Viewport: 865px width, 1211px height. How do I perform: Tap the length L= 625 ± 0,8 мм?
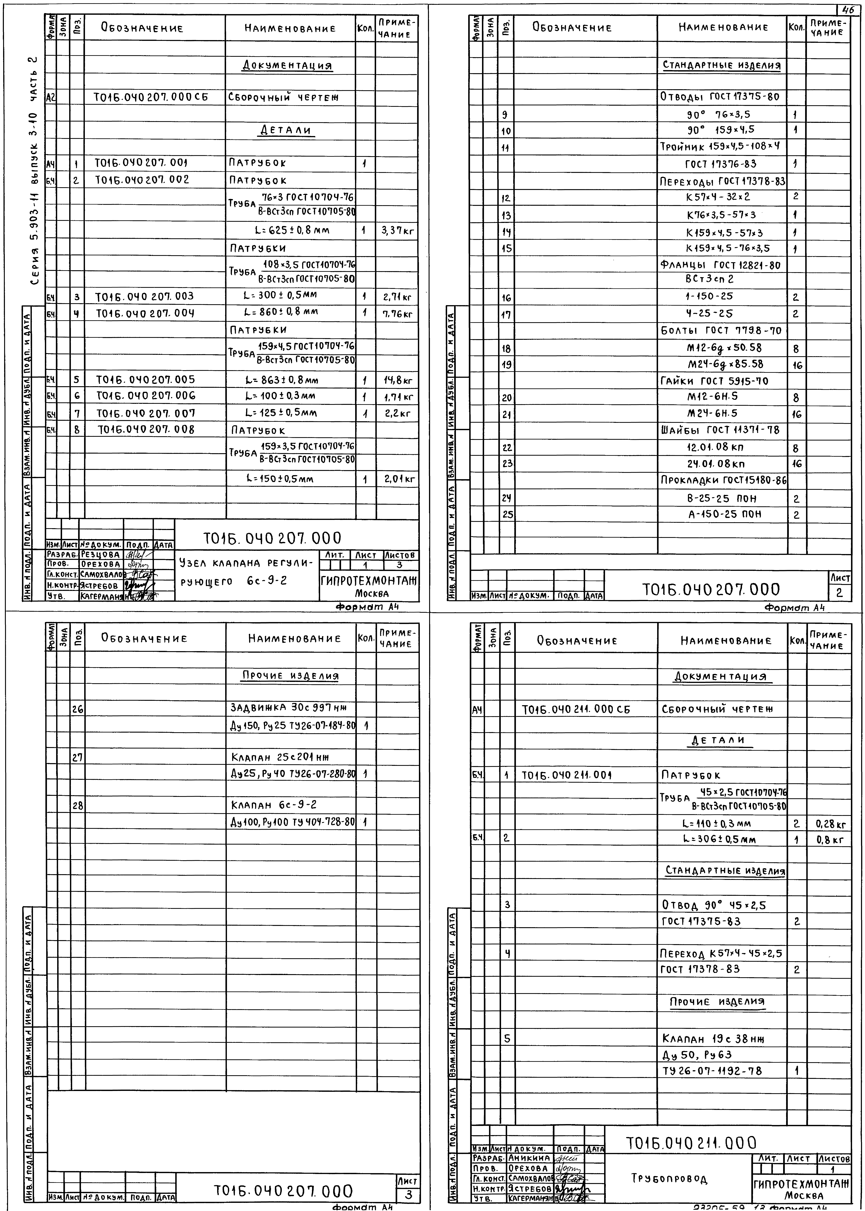(x=292, y=231)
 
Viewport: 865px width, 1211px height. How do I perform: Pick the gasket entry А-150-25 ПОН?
(x=724, y=514)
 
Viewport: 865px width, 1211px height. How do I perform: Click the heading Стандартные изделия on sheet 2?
(x=722, y=66)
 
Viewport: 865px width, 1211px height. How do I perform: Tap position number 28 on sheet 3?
(x=78, y=806)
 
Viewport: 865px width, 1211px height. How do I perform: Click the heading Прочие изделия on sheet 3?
(x=290, y=676)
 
